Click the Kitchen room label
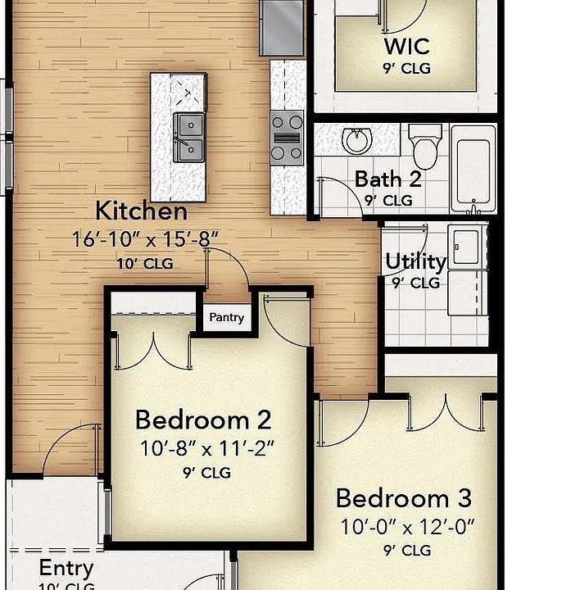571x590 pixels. [142, 211]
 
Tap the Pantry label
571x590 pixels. [226, 317]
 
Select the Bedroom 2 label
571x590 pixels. [202, 420]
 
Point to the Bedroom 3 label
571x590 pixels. [403, 498]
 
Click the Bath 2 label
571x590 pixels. [387, 179]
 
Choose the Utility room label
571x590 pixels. [415, 262]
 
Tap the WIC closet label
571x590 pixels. [407, 45]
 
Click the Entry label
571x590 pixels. [66, 568]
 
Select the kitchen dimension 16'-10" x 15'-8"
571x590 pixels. [145, 239]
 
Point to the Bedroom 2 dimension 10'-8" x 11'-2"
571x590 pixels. [206, 448]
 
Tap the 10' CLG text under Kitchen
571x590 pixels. [143, 263]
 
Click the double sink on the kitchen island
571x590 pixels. [188, 137]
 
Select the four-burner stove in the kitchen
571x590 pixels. [287, 137]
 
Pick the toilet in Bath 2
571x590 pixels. [424, 145]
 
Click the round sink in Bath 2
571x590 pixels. [358, 141]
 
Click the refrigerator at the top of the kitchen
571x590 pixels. [282, 26]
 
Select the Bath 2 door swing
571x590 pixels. [340, 198]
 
